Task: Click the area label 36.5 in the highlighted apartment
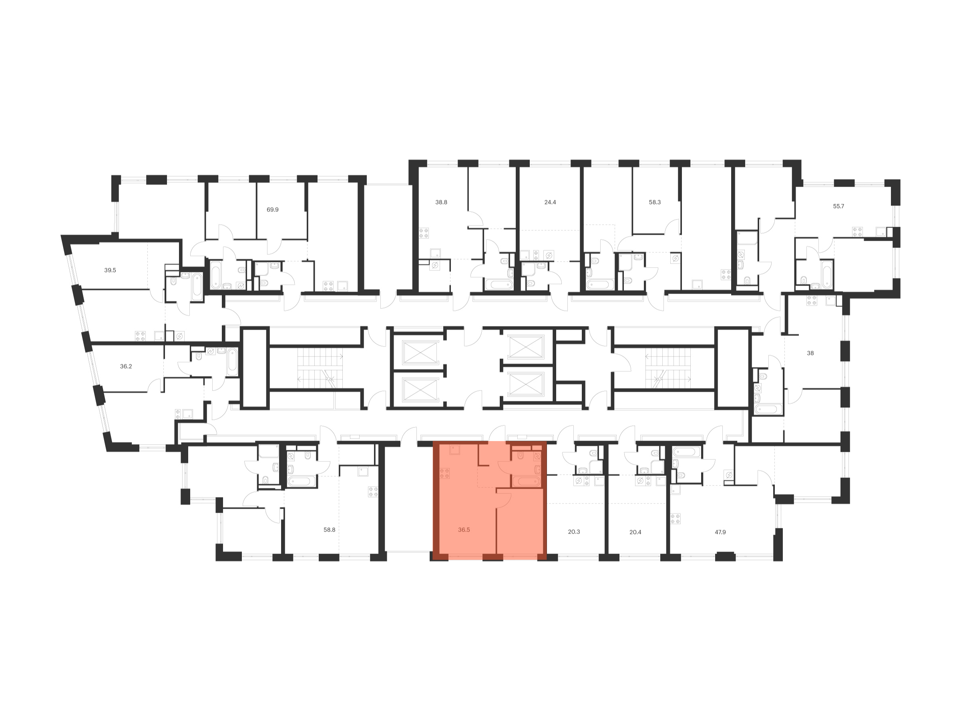(x=464, y=530)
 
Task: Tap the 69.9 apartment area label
(x=272, y=209)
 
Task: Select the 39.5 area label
(x=110, y=270)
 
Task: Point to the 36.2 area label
(x=126, y=367)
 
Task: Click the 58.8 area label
(x=329, y=530)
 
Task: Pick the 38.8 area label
(x=441, y=202)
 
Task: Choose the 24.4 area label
(x=550, y=202)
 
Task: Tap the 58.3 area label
(x=654, y=202)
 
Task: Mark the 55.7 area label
(x=838, y=206)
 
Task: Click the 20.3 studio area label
(x=573, y=532)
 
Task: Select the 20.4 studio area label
(x=635, y=532)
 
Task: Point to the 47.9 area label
(x=720, y=532)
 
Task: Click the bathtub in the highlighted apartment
(x=526, y=481)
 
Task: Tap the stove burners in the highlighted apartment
(x=444, y=473)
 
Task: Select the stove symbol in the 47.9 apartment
(x=675, y=519)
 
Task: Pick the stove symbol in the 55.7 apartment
(x=857, y=232)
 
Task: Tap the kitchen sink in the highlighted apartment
(x=454, y=450)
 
